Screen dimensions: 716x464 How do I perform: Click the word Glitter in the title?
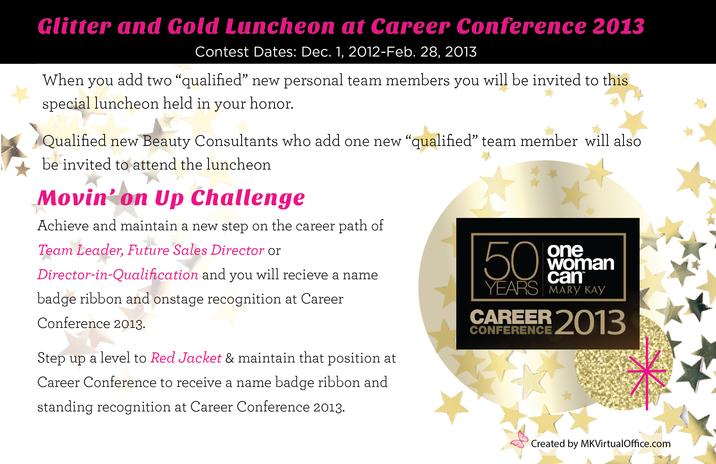[75, 26]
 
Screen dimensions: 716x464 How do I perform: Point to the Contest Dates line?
[336, 52]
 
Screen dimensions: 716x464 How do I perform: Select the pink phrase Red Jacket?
[186, 358]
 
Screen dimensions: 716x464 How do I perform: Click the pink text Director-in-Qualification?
[118, 275]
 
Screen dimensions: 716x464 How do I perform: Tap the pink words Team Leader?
[81, 250]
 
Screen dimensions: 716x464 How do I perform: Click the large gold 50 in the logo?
[511, 261]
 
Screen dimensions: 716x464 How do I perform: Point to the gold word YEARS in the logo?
[511, 288]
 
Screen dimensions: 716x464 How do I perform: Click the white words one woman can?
[580, 264]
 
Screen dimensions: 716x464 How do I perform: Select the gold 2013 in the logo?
[590, 322]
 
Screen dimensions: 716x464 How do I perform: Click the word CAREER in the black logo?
[511, 317]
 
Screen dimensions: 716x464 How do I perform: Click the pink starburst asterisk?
[646, 374]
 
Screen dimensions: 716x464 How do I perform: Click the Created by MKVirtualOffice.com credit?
[601, 443]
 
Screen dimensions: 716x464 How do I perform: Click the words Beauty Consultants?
[210, 141]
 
